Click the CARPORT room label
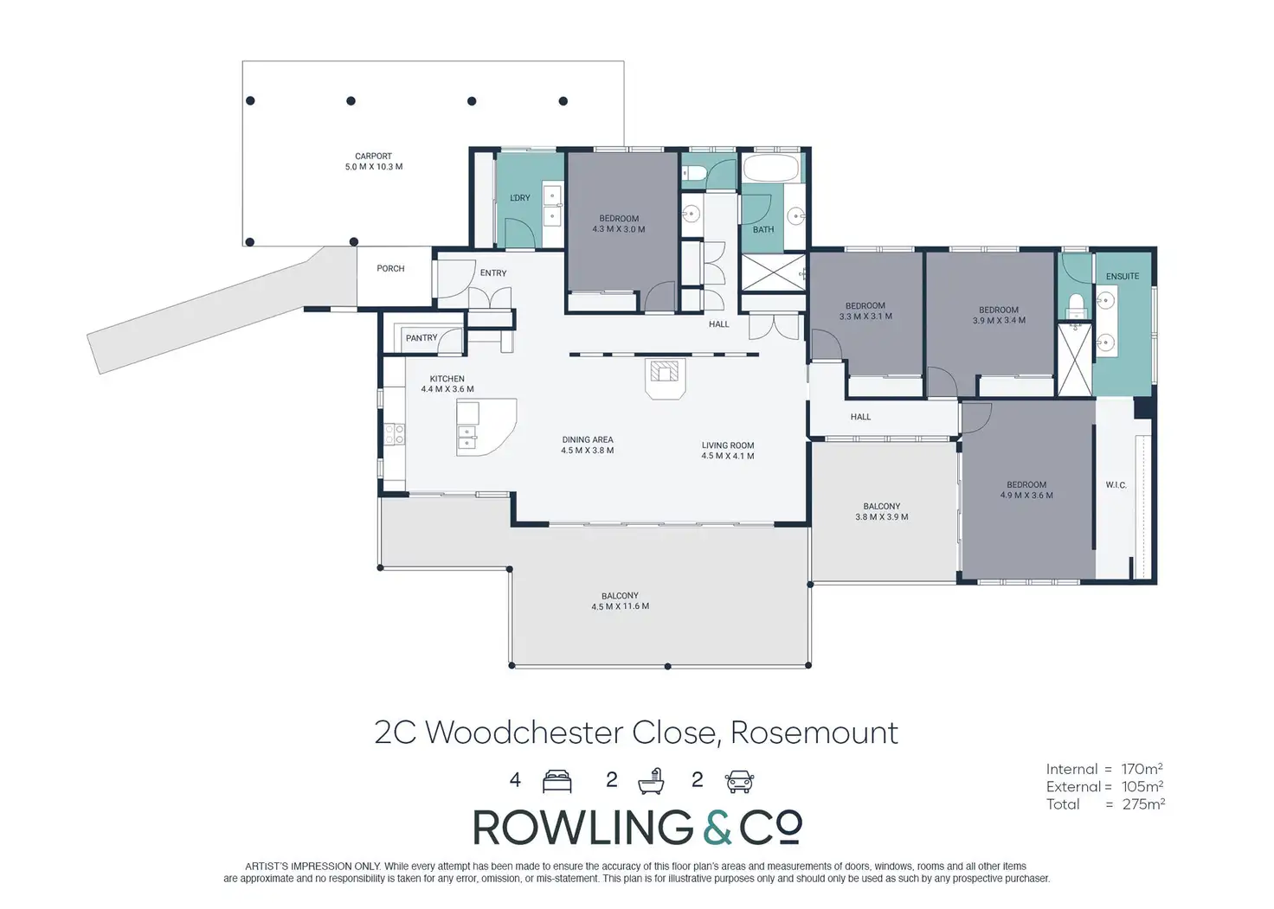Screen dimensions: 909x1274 (x=373, y=157)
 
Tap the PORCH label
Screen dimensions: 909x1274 (x=390, y=269)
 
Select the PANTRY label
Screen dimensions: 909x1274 (x=421, y=338)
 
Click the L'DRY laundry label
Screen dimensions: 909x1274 (x=520, y=198)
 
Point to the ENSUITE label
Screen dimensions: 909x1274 (x=1123, y=277)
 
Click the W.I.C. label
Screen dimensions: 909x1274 (x=1116, y=485)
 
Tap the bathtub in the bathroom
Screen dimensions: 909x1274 (x=771, y=169)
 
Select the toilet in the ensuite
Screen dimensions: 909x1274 (x=1077, y=304)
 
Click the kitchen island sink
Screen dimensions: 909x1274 (x=467, y=437)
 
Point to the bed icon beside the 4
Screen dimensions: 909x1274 (x=557, y=781)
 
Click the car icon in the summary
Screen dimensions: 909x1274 (x=739, y=781)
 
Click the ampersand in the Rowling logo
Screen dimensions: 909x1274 (x=717, y=828)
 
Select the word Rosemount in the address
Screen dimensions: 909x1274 (x=814, y=733)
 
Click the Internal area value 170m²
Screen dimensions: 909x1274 (x=1142, y=769)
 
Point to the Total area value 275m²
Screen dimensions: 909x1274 (x=1142, y=803)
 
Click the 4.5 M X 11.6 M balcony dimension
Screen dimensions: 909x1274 (x=620, y=606)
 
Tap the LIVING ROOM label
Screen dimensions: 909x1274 (x=728, y=445)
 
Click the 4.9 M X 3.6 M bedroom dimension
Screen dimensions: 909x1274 (x=1026, y=496)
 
